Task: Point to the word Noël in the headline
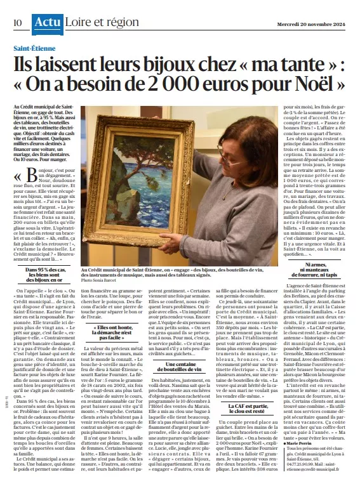click(324, 83)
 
